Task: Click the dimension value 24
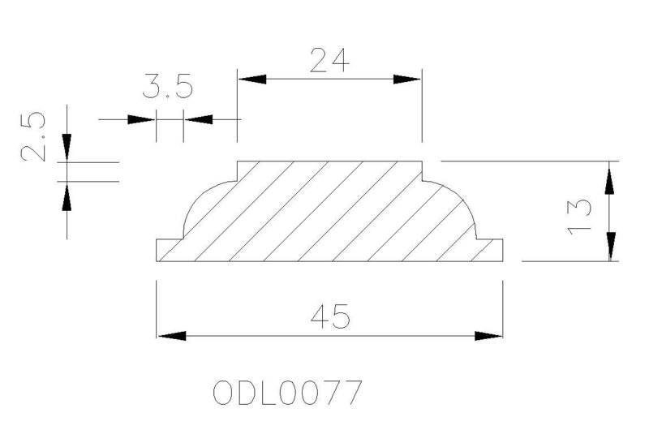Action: [329, 61]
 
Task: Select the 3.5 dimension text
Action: [168, 86]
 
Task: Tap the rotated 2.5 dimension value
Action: [32, 136]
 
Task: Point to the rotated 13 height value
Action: [579, 217]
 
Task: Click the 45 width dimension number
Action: [330, 316]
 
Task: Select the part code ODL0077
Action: [288, 393]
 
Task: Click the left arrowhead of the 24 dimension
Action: [252, 79]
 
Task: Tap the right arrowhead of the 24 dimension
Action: [407, 79]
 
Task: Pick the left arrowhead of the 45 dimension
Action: [172, 336]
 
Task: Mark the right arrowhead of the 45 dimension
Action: [488, 336]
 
